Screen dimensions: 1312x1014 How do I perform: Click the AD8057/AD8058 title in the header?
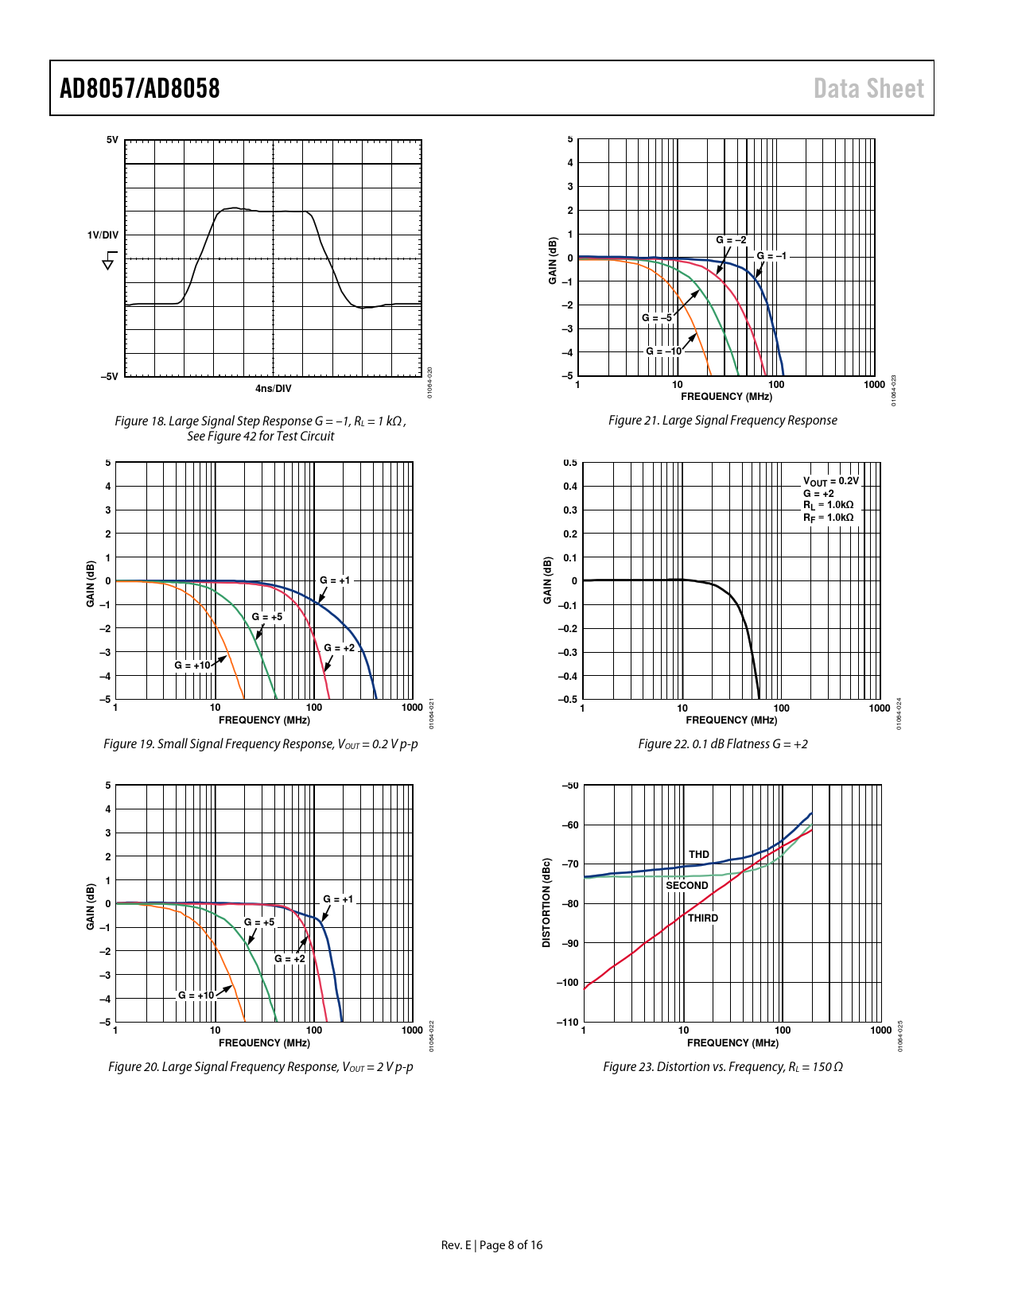coord(139,88)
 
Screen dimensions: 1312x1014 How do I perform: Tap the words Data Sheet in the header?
coord(868,88)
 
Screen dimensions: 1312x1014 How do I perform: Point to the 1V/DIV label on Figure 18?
coord(103,235)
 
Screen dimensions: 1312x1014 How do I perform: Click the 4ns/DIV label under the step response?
coord(273,389)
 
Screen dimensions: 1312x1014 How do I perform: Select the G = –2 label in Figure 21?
coord(731,240)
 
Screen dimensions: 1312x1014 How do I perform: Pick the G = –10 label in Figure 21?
coord(663,351)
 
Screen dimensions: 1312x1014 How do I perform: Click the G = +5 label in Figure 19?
coord(267,617)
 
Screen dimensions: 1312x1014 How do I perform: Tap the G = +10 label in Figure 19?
coord(192,666)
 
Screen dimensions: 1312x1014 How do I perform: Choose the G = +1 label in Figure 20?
coord(338,899)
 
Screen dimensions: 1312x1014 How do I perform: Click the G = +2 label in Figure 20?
coord(289,959)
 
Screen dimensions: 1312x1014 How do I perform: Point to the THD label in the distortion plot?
coord(699,855)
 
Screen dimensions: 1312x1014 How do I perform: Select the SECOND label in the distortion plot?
coord(686,886)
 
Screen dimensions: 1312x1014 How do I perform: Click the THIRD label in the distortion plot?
coord(703,918)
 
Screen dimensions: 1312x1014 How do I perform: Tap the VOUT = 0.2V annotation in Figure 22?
coord(831,482)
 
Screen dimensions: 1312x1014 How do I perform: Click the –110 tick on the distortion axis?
coord(568,1022)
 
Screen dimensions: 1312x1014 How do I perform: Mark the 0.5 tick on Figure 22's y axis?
coord(570,463)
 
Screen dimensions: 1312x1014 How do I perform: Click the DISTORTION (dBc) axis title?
coord(546,902)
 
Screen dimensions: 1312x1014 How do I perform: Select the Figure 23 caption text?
coord(722,1067)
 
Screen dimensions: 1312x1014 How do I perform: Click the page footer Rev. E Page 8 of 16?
coord(491,1245)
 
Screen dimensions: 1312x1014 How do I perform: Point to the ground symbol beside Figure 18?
coord(109,260)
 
